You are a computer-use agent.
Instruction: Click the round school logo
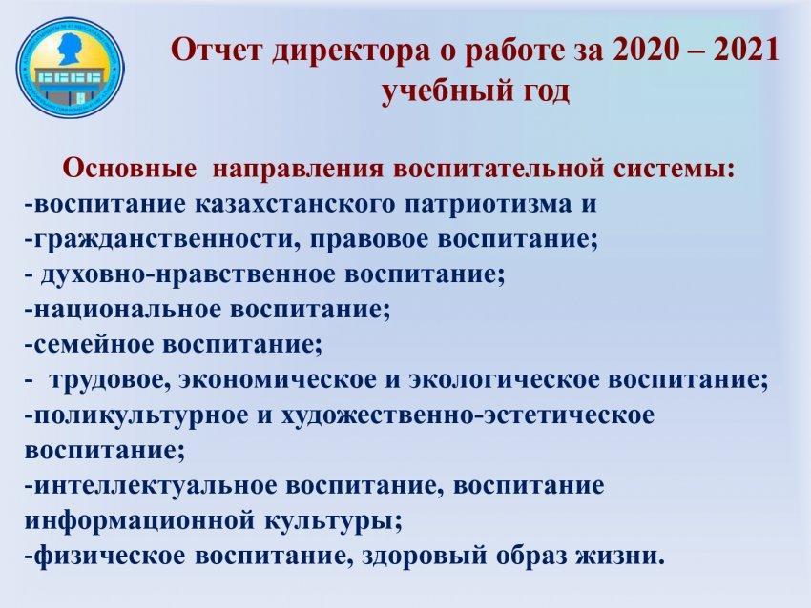pyautogui.click(x=71, y=66)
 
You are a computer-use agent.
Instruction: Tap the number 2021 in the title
pyautogui.click(x=745, y=51)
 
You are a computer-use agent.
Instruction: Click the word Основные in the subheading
pyautogui.click(x=130, y=169)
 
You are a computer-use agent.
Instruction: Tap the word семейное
pyautogui.click(x=94, y=345)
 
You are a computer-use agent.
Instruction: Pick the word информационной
pyautogui.click(x=139, y=521)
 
